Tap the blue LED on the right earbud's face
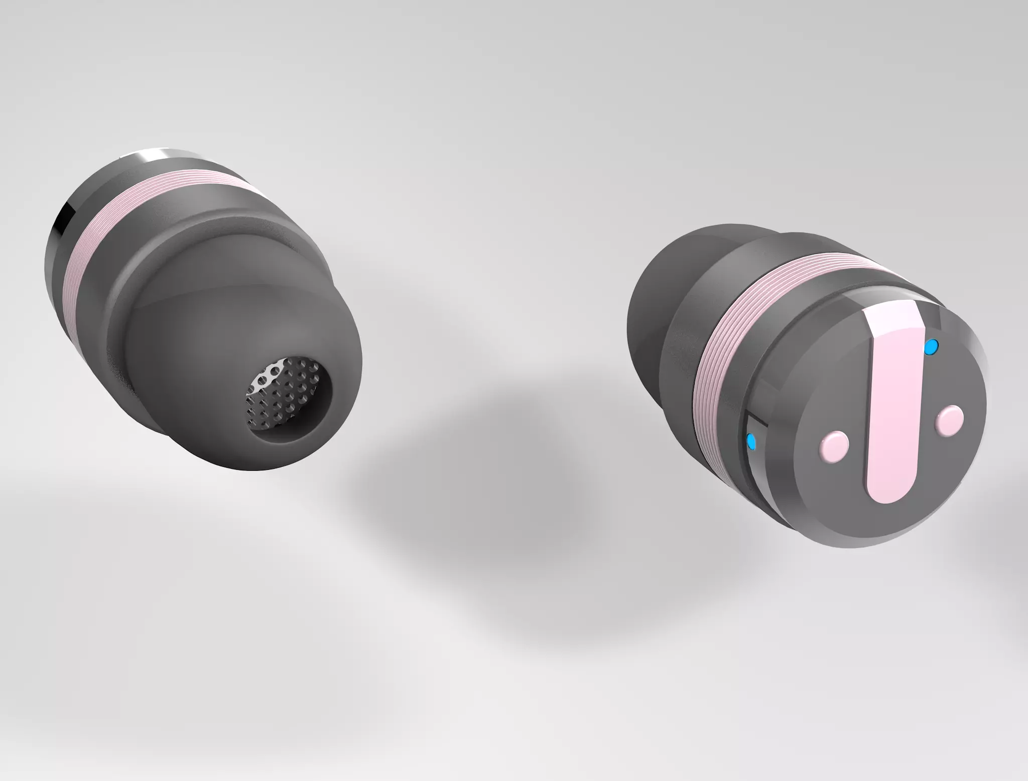tap(931, 346)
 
